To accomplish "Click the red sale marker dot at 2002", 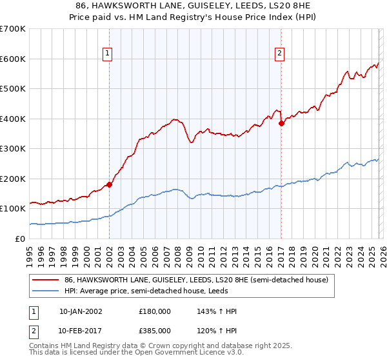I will (109, 184).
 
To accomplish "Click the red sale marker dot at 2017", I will (281, 123).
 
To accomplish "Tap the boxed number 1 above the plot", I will (107, 54).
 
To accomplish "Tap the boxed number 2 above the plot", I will (279, 54).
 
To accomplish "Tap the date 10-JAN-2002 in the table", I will (80, 311).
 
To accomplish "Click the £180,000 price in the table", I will (154, 311).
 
